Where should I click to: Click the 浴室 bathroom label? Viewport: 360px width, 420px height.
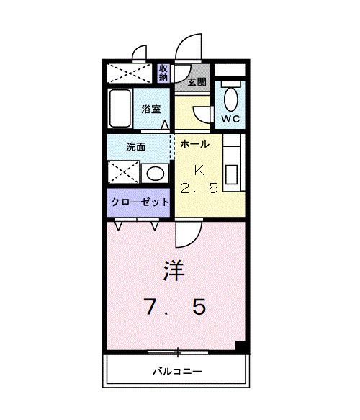[x=152, y=110]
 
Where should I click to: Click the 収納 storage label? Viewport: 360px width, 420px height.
[x=163, y=73]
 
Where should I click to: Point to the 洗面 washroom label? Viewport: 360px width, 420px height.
[x=136, y=146]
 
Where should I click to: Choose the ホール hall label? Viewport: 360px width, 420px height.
[x=194, y=144]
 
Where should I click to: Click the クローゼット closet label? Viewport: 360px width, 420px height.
[x=140, y=202]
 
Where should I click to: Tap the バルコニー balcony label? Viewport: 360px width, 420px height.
[x=177, y=372]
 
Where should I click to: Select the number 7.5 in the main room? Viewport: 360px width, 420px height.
[x=176, y=308]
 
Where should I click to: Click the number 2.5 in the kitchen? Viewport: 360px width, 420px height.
[x=198, y=189]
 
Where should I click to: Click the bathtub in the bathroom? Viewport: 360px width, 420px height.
[x=120, y=107]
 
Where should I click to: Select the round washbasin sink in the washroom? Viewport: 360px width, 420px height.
[x=153, y=174]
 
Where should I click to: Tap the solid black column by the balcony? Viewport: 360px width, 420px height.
[x=241, y=346]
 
